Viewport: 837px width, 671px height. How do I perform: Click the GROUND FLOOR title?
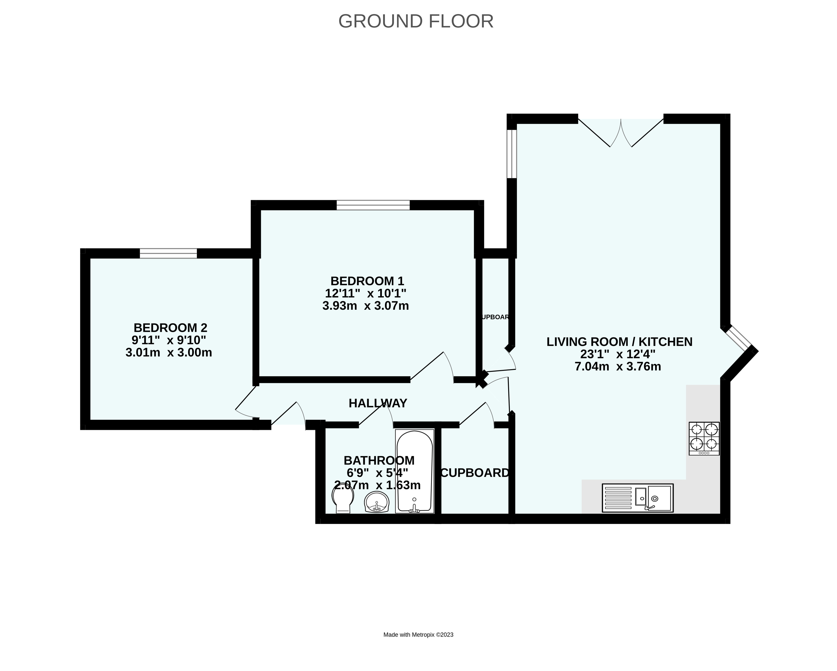click(x=416, y=21)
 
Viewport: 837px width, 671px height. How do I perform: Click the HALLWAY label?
click(x=378, y=403)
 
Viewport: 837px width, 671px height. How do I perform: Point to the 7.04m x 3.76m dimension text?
click(x=618, y=366)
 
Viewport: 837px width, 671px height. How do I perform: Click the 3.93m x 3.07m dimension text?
click(x=365, y=306)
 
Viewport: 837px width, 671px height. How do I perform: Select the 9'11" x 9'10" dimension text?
click(x=168, y=340)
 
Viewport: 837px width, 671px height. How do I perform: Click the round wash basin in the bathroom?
click(x=377, y=502)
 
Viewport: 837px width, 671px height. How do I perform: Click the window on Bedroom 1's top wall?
click(x=373, y=205)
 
